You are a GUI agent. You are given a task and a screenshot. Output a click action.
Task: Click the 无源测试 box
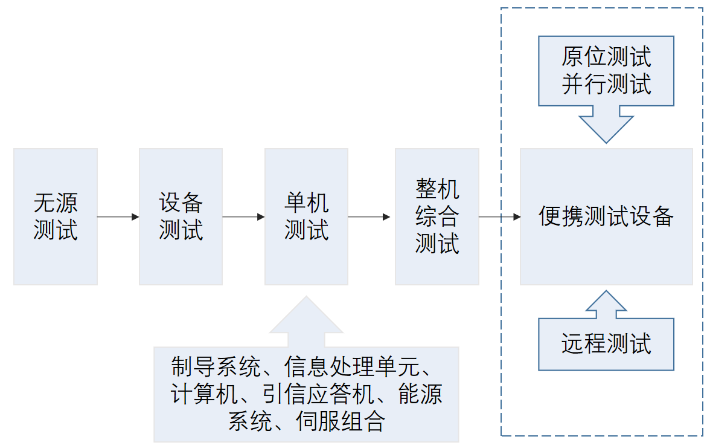(56, 216)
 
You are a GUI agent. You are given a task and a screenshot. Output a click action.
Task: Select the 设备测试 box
(181, 216)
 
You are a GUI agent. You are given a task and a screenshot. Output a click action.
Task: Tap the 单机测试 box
(306, 216)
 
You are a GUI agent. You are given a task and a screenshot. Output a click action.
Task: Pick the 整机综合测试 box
(437, 216)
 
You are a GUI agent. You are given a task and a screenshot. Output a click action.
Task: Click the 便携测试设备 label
(606, 216)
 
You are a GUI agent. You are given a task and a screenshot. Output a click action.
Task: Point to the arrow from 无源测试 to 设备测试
(118, 216)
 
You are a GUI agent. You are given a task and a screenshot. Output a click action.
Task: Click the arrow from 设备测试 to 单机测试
(243, 216)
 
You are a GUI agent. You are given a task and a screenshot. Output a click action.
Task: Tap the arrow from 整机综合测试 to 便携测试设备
(500, 216)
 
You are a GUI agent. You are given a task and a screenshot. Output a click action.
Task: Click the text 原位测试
(606, 58)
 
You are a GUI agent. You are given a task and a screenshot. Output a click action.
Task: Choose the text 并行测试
(606, 84)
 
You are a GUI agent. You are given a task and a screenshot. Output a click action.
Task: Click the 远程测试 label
(606, 343)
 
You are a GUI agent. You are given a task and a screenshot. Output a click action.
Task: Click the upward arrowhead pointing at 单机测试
(306, 317)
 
